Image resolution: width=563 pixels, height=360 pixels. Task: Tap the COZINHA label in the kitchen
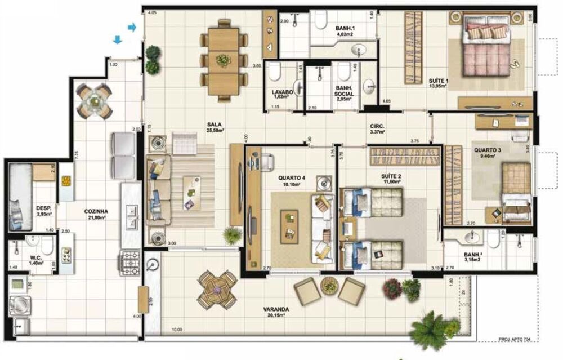pos(96,212)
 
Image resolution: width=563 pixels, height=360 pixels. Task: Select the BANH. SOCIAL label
pos(343,91)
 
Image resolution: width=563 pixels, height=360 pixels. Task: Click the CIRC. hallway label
pos(377,127)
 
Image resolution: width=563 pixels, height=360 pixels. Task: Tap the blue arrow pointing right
pos(132,27)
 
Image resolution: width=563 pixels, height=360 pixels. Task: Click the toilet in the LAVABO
pos(275,72)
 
